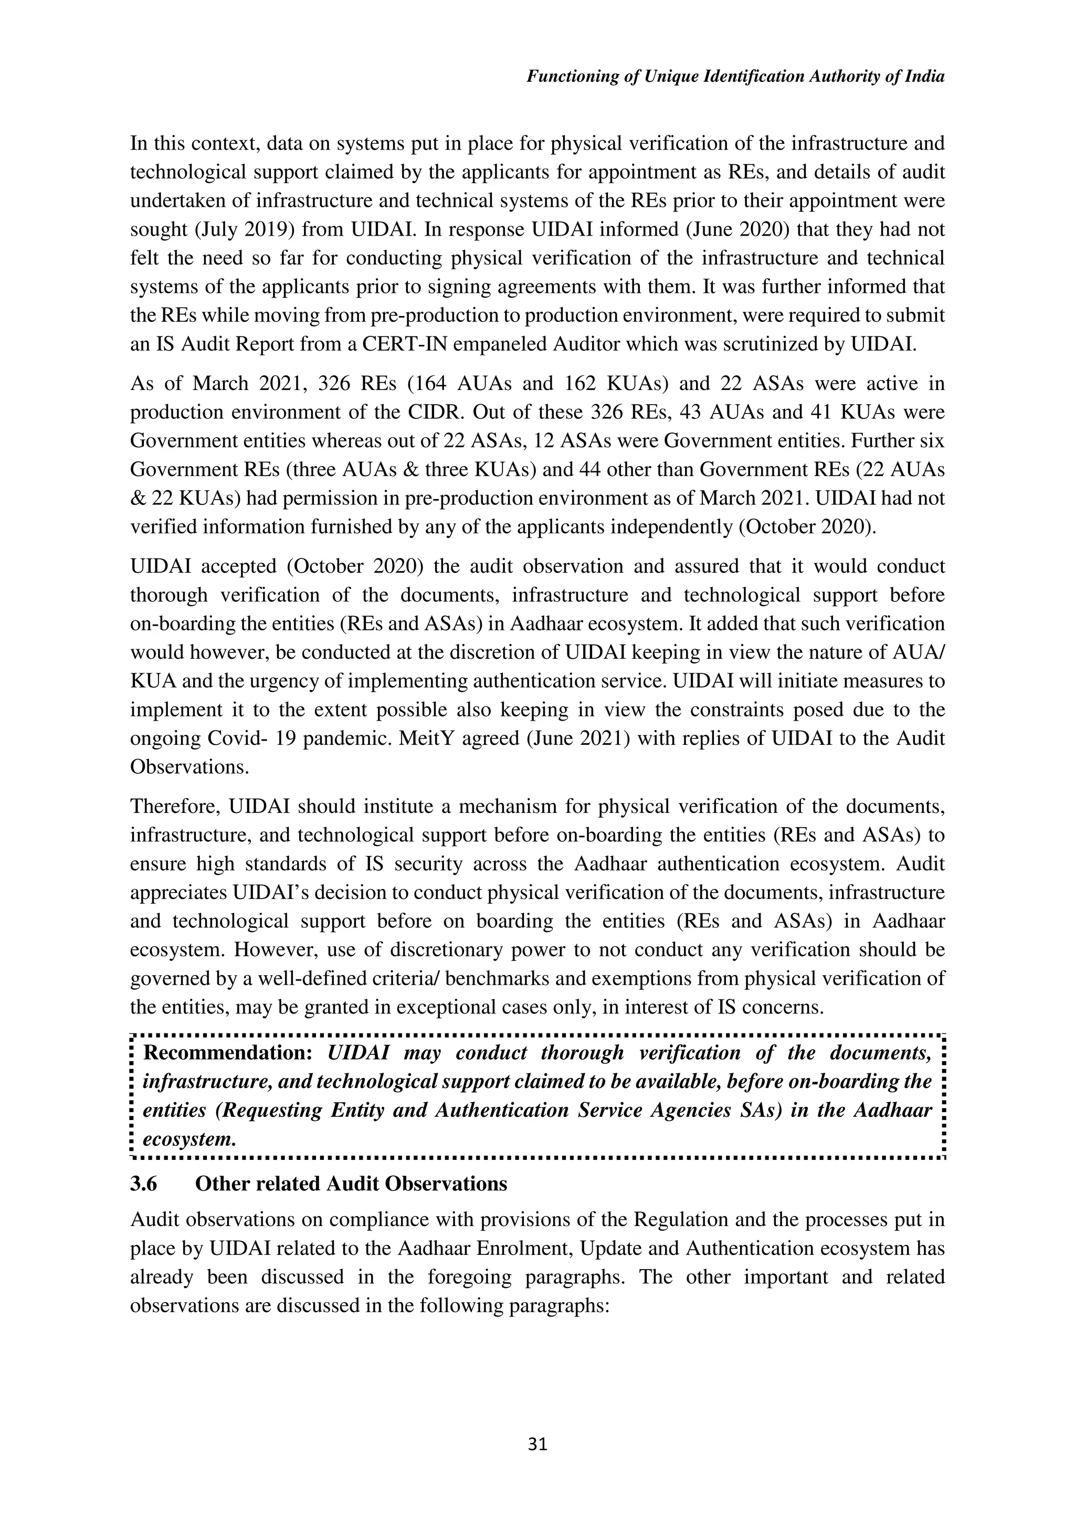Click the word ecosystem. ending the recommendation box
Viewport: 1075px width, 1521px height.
(189, 1139)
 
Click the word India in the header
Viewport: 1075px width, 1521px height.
(925, 77)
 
